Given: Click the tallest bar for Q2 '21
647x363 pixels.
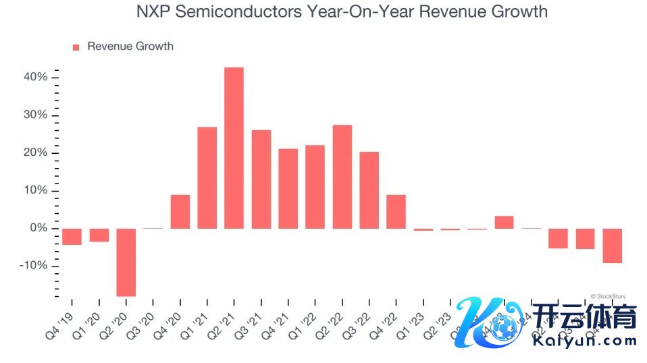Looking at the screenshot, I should point(234,148).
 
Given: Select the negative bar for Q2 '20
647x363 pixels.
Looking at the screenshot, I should point(126,262).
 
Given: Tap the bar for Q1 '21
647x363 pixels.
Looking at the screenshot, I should point(207,177).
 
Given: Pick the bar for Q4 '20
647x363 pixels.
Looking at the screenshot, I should point(180,211).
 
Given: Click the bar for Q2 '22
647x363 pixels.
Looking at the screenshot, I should point(342,177).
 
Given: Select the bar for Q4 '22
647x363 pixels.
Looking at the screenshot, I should point(396,211).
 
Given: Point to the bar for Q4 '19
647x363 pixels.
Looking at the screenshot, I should point(72,236).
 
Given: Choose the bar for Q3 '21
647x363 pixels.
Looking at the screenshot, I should point(261,179).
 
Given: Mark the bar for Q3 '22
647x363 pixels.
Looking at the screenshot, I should point(369,190).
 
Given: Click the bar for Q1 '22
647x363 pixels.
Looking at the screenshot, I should point(315,186).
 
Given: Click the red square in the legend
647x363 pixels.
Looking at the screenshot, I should point(76,47).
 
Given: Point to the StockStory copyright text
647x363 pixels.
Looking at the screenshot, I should point(607,296).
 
